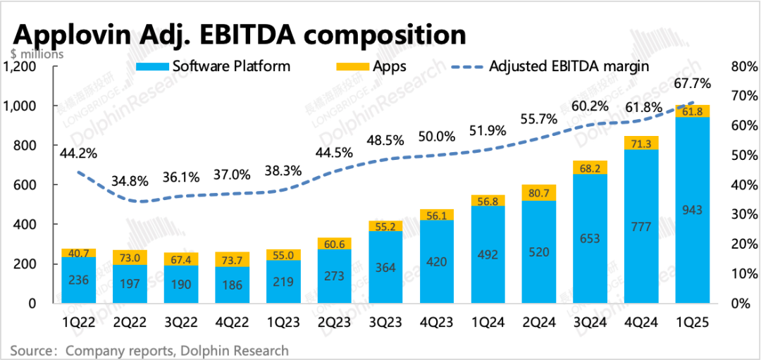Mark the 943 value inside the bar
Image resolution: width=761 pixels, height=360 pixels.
(x=693, y=209)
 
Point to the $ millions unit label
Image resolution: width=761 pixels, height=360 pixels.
(x=37, y=53)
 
